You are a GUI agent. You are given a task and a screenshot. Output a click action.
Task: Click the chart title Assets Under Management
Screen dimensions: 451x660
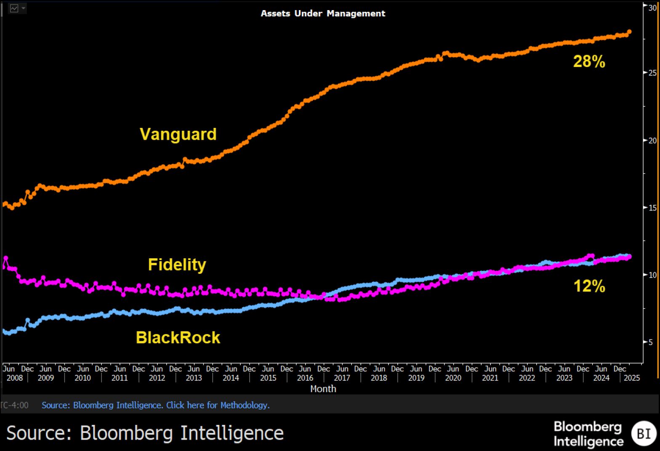(x=323, y=13)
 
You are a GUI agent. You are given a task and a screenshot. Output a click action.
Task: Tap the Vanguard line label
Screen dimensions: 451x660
(x=178, y=134)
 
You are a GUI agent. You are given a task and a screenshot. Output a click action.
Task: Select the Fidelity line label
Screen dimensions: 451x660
(x=177, y=265)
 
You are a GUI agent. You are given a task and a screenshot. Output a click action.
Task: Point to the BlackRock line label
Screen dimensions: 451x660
(x=178, y=337)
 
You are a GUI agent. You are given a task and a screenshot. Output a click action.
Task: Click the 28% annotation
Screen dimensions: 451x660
(x=589, y=61)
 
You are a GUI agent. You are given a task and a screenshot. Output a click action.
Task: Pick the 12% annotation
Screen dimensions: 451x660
(x=589, y=286)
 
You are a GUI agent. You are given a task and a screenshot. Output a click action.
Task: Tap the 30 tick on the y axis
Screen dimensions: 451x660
(x=652, y=8)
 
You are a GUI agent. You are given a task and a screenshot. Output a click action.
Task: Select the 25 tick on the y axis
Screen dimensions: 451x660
(x=652, y=73)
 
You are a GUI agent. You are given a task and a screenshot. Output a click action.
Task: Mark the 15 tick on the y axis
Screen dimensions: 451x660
(x=652, y=207)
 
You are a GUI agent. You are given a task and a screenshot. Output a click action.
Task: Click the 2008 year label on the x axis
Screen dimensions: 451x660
(x=15, y=378)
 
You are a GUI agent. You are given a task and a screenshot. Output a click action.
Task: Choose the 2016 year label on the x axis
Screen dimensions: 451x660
(x=305, y=378)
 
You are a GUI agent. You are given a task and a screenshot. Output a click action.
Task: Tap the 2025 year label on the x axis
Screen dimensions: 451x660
(x=632, y=378)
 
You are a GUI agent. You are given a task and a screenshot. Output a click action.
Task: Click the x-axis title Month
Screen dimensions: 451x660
(x=323, y=389)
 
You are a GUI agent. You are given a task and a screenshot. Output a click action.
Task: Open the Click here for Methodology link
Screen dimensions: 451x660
(x=218, y=405)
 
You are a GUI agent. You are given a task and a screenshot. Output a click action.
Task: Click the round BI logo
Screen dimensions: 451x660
(x=644, y=433)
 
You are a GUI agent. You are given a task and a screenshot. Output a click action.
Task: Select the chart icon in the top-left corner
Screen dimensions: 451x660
(x=14, y=8)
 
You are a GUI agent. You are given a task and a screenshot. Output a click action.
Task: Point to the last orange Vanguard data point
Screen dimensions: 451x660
(x=629, y=32)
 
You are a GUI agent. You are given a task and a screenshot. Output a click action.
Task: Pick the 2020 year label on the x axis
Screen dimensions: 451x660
(x=453, y=378)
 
